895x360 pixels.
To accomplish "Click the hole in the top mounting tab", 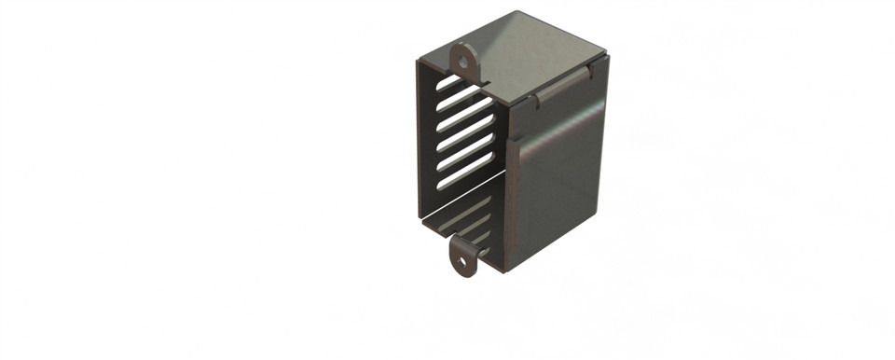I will [x=462, y=61].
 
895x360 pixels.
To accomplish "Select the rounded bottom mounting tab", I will [x=463, y=256].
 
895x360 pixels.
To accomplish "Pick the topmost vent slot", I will [x=457, y=90].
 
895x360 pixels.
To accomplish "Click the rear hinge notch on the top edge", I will [x=589, y=68].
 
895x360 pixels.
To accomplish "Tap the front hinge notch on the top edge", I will [x=534, y=99].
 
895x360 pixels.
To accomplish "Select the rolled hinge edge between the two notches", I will [x=562, y=83].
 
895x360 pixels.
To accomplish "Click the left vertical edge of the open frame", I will [x=420, y=140].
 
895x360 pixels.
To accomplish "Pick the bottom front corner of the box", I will [x=506, y=271].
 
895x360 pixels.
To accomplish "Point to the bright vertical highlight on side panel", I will [x=524, y=149].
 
